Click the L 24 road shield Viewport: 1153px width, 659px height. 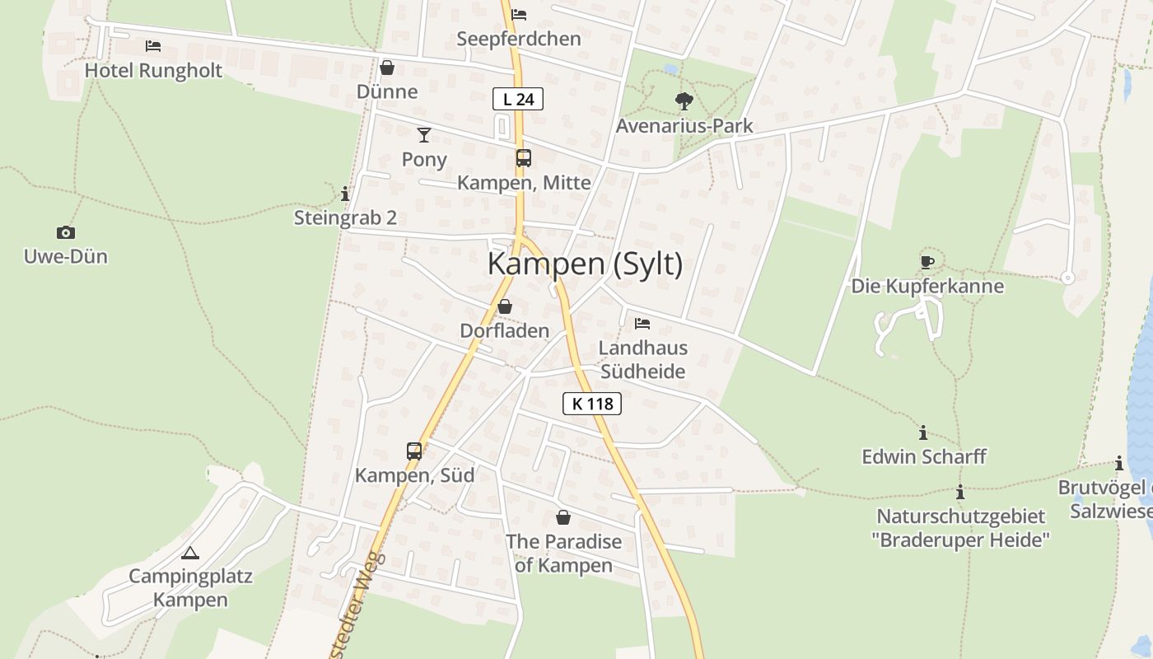click(518, 99)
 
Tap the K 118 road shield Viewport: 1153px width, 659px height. click(591, 404)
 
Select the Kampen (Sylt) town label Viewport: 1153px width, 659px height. click(585, 264)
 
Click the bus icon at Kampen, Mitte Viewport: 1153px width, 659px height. click(524, 158)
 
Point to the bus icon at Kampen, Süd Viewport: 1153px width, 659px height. click(414, 451)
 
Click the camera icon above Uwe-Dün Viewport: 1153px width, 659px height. click(65, 232)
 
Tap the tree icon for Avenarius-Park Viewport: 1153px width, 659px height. click(684, 101)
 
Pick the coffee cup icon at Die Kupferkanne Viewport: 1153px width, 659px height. click(927, 262)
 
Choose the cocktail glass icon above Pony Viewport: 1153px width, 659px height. click(424, 134)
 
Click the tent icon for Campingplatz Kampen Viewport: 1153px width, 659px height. click(190, 553)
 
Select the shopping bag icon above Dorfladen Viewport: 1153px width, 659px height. click(505, 306)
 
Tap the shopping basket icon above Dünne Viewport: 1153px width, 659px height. click(387, 67)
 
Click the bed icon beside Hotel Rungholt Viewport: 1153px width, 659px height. click(153, 46)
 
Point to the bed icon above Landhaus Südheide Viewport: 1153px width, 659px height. click(642, 323)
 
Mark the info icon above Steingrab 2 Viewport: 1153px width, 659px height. click(345, 194)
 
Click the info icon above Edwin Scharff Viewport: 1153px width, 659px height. click(923, 432)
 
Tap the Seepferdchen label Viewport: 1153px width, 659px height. click(519, 39)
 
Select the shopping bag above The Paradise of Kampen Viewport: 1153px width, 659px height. click(563, 517)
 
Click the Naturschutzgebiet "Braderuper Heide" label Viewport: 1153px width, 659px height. click(960, 528)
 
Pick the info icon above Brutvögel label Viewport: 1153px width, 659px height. click(1119, 463)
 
